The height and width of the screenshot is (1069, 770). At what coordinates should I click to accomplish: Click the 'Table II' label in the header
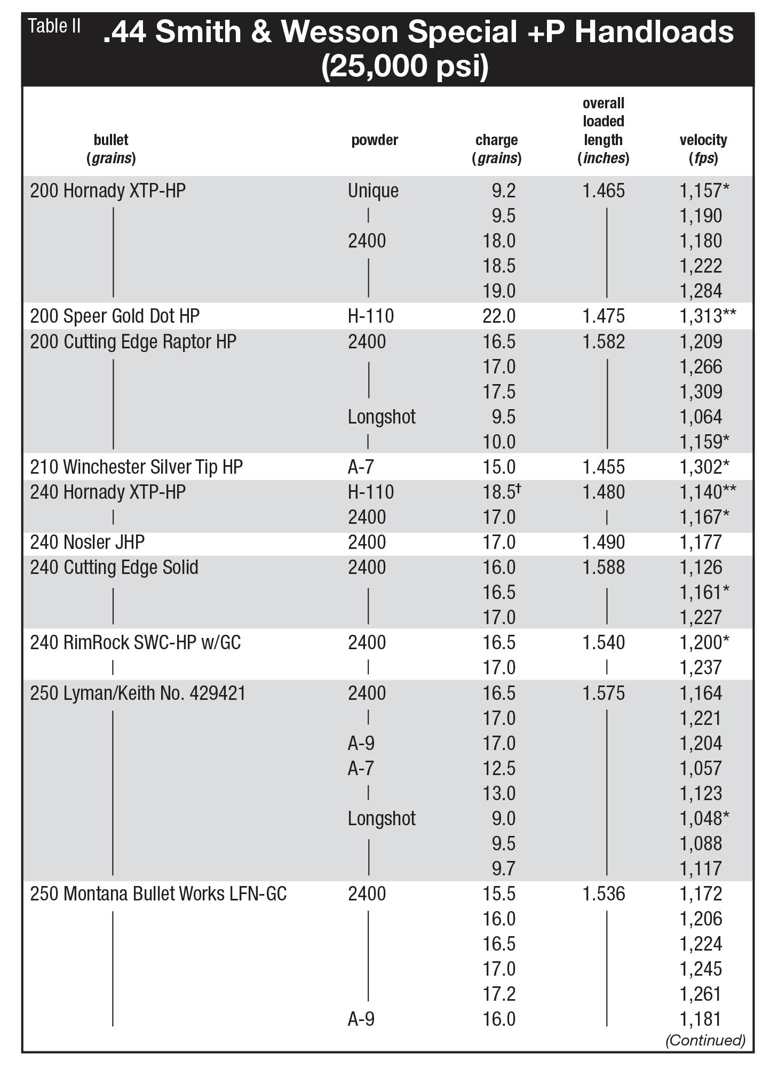click(x=54, y=26)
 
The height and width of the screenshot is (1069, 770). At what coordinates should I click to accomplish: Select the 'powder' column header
click(x=375, y=140)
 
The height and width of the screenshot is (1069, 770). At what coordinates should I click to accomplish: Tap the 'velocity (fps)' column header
click(x=703, y=149)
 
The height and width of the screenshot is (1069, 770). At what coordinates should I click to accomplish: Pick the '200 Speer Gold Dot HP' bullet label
click(x=115, y=316)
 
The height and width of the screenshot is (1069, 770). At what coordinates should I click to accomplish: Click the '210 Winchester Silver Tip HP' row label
click(x=136, y=467)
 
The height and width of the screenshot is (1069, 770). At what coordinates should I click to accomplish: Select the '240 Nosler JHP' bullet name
click(x=87, y=543)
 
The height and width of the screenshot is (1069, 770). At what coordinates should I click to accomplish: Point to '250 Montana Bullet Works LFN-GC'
click(x=158, y=894)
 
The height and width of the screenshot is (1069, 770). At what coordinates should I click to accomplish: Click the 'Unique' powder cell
click(x=373, y=191)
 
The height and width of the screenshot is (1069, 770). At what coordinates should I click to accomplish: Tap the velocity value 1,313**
click(x=708, y=316)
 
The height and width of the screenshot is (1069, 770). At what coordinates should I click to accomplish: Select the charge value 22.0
click(x=499, y=316)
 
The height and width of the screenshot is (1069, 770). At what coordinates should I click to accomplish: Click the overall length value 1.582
click(x=604, y=341)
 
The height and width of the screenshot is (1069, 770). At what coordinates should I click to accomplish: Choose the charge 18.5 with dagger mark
click(x=502, y=491)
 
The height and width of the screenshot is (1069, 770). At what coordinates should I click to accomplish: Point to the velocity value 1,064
click(x=701, y=417)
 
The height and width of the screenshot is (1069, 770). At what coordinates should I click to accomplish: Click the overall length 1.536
click(x=604, y=894)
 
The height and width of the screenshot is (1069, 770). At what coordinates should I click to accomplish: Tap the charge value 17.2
click(x=499, y=994)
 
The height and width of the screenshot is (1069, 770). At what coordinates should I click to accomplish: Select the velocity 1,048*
click(x=704, y=818)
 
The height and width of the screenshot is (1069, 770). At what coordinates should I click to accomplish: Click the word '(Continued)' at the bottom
click(x=705, y=1040)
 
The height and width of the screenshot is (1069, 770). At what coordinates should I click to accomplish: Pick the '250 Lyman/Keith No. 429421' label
click(x=138, y=693)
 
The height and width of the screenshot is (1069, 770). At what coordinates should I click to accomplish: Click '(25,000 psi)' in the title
click(x=405, y=66)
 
